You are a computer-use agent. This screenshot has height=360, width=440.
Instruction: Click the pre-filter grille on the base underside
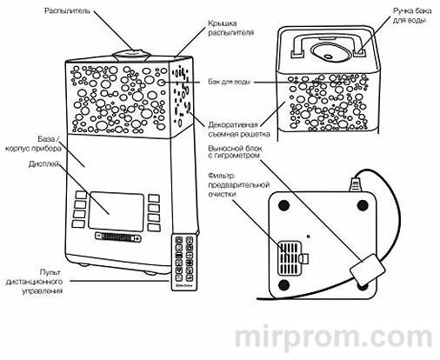[x=286, y=257]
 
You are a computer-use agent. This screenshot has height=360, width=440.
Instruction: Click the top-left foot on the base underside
[x=283, y=206]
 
